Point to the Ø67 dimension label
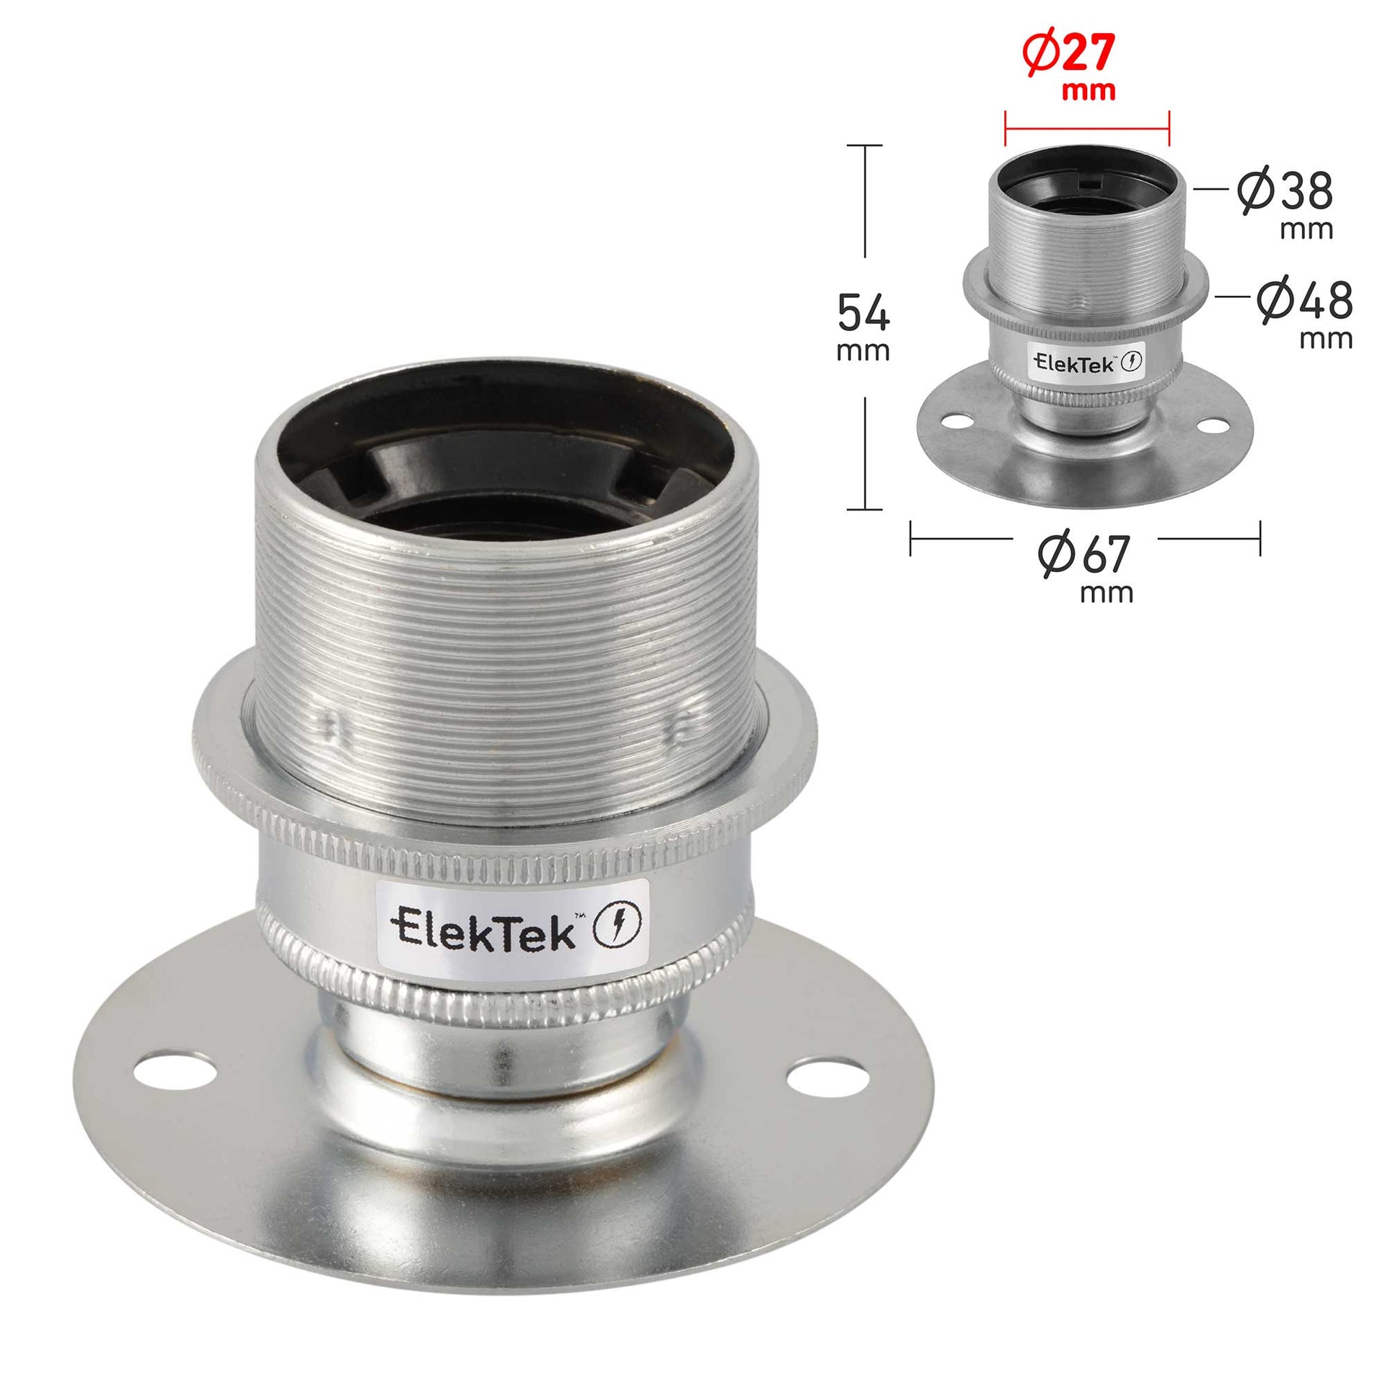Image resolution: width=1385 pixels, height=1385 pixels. pos(1084,557)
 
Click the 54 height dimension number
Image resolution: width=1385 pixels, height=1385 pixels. pos(863,312)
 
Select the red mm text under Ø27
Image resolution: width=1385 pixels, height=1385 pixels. pos(1089,92)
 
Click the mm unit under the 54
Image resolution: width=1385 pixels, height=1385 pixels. pos(863,351)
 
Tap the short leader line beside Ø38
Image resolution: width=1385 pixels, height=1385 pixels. pos(1211,189)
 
